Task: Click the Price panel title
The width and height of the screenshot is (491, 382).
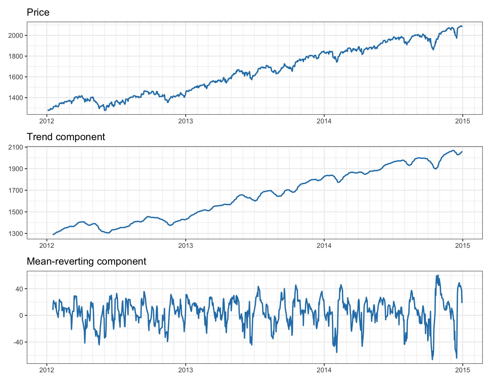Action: tap(38, 13)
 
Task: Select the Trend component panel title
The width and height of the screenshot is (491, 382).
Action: tap(66, 137)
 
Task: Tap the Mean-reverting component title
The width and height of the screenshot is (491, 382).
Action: tap(86, 261)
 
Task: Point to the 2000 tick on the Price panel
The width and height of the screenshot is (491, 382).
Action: tap(18, 36)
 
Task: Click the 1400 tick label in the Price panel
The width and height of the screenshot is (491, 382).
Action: tap(18, 98)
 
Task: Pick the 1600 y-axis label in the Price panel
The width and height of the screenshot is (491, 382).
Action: tap(18, 77)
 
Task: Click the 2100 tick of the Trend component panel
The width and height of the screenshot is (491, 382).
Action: tap(18, 147)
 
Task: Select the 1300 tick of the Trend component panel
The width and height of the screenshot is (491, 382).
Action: tap(18, 234)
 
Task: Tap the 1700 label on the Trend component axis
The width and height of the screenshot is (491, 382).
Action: tap(18, 190)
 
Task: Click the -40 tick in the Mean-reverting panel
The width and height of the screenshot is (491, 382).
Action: tap(19, 342)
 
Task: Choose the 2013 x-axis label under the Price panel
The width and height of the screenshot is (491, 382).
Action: tap(185, 121)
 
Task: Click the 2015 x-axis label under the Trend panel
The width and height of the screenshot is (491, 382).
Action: tap(463, 246)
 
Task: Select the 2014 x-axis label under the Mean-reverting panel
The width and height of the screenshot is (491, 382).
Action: tap(324, 370)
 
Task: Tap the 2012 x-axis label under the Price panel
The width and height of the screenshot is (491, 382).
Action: tap(47, 121)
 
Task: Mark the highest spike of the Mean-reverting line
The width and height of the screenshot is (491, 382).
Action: tap(438, 275)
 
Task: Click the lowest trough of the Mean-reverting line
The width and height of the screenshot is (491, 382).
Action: tap(432, 360)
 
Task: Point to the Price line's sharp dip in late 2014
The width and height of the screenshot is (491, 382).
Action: tap(433, 49)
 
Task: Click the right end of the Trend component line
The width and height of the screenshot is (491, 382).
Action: tap(462, 152)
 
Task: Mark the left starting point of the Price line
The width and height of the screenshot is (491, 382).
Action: tap(48, 110)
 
